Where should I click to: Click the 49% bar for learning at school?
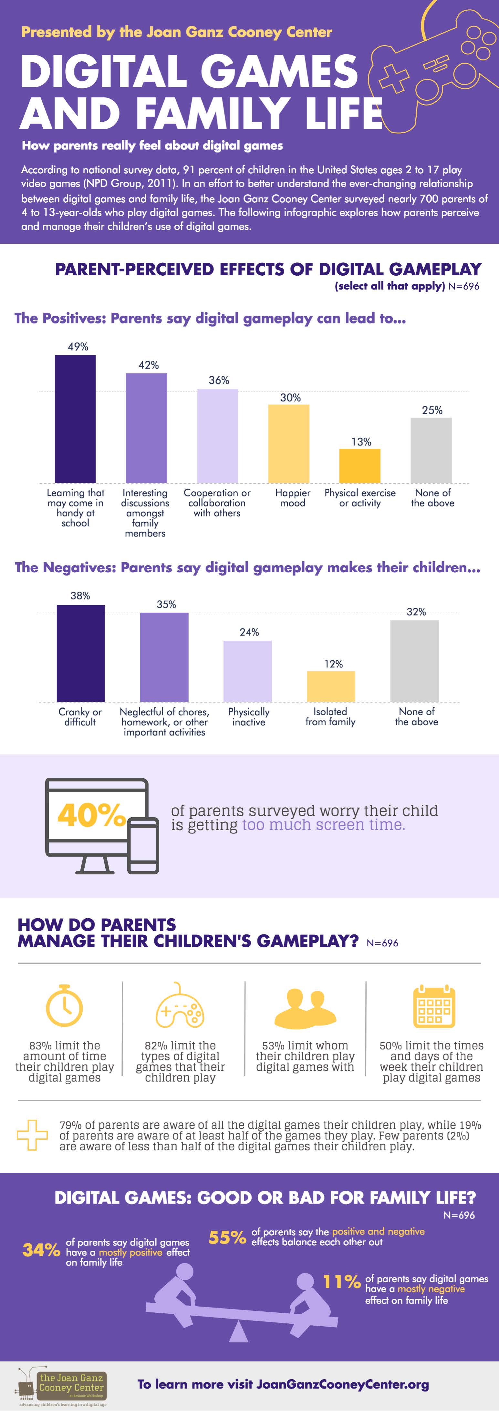(75, 419)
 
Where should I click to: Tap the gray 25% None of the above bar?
(431, 450)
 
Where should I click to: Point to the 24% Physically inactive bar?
(248, 671)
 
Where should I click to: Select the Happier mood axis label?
(293, 498)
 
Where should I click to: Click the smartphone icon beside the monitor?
(144, 845)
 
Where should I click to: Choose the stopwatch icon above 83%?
(64, 1006)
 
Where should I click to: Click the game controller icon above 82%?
(180, 1006)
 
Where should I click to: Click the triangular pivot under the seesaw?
(238, 1332)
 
